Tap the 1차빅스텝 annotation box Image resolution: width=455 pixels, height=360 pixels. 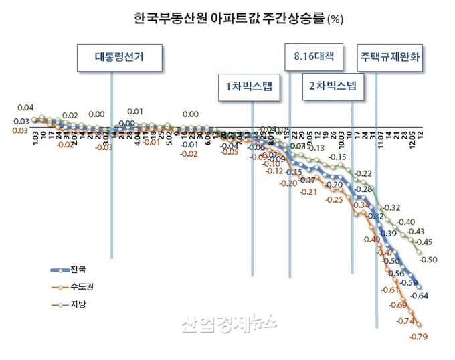tap(250, 86)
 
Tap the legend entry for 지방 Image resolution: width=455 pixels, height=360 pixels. tap(72, 304)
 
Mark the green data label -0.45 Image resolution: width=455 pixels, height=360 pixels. tap(422, 242)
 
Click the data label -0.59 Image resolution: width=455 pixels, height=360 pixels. tap(408, 283)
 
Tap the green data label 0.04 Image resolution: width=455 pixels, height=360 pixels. tap(26, 108)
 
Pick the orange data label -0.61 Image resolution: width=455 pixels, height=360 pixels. tap(389, 290)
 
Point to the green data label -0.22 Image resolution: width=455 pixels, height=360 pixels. tap(363, 173)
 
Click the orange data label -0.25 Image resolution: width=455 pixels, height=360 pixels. tap(333, 199)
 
